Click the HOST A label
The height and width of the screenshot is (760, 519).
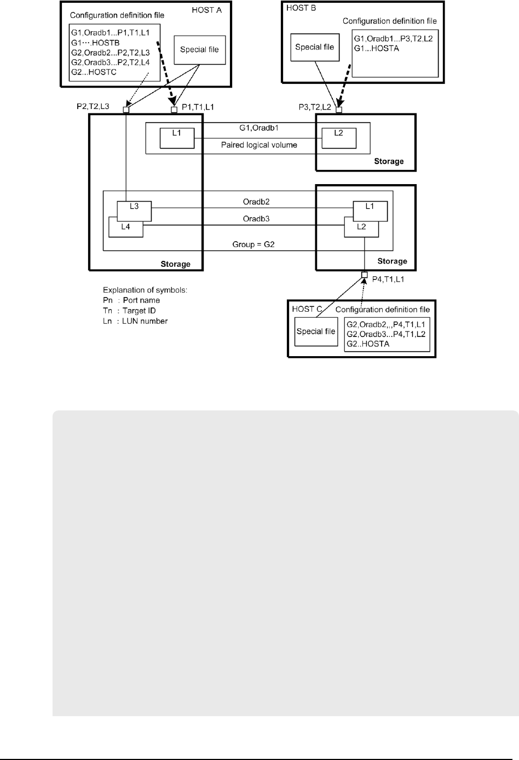(x=206, y=10)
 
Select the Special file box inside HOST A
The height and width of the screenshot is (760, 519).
(x=199, y=50)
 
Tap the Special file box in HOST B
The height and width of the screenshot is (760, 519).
(x=314, y=47)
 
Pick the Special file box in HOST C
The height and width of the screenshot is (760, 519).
(x=315, y=332)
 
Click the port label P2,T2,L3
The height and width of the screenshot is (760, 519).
(x=93, y=106)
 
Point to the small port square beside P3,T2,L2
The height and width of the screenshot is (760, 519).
(x=338, y=110)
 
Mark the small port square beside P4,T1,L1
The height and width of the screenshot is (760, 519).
(x=364, y=275)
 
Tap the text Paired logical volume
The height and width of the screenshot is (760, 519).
(x=259, y=145)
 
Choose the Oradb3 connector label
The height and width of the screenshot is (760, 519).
(x=256, y=219)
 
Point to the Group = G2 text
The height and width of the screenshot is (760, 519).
(x=253, y=244)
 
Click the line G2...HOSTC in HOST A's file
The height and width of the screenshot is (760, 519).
(x=94, y=72)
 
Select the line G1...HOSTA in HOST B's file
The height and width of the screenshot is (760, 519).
(x=377, y=48)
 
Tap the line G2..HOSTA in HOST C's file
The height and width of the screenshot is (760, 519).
(x=368, y=344)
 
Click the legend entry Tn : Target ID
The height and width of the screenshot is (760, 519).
(x=129, y=311)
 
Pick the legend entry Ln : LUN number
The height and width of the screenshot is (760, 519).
(x=135, y=321)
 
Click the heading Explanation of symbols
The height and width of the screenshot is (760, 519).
(x=145, y=290)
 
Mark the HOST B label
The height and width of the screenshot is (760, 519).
(x=301, y=8)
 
